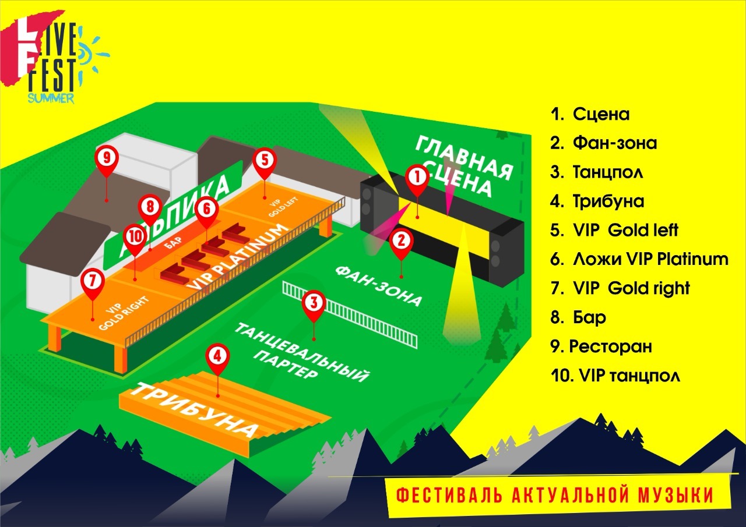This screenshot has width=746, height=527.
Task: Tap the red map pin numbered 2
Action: point(401,240)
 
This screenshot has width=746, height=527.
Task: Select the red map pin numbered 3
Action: point(314,303)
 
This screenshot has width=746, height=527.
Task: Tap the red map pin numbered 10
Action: point(135,236)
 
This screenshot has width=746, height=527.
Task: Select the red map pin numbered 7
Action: point(92,280)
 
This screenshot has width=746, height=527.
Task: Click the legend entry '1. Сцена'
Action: point(590,114)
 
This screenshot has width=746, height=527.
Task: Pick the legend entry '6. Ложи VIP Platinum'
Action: point(639,259)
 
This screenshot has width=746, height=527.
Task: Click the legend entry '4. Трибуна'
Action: point(597,201)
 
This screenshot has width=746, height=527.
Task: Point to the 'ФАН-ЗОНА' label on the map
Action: point(378,285)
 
